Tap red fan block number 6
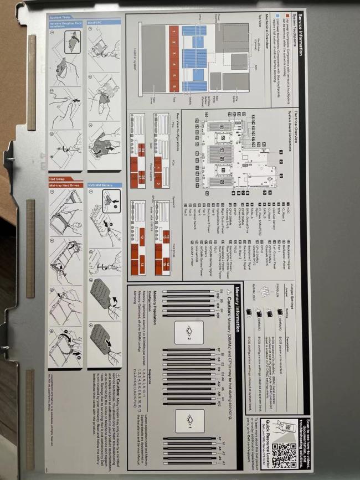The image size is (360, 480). [x=173, y=87]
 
